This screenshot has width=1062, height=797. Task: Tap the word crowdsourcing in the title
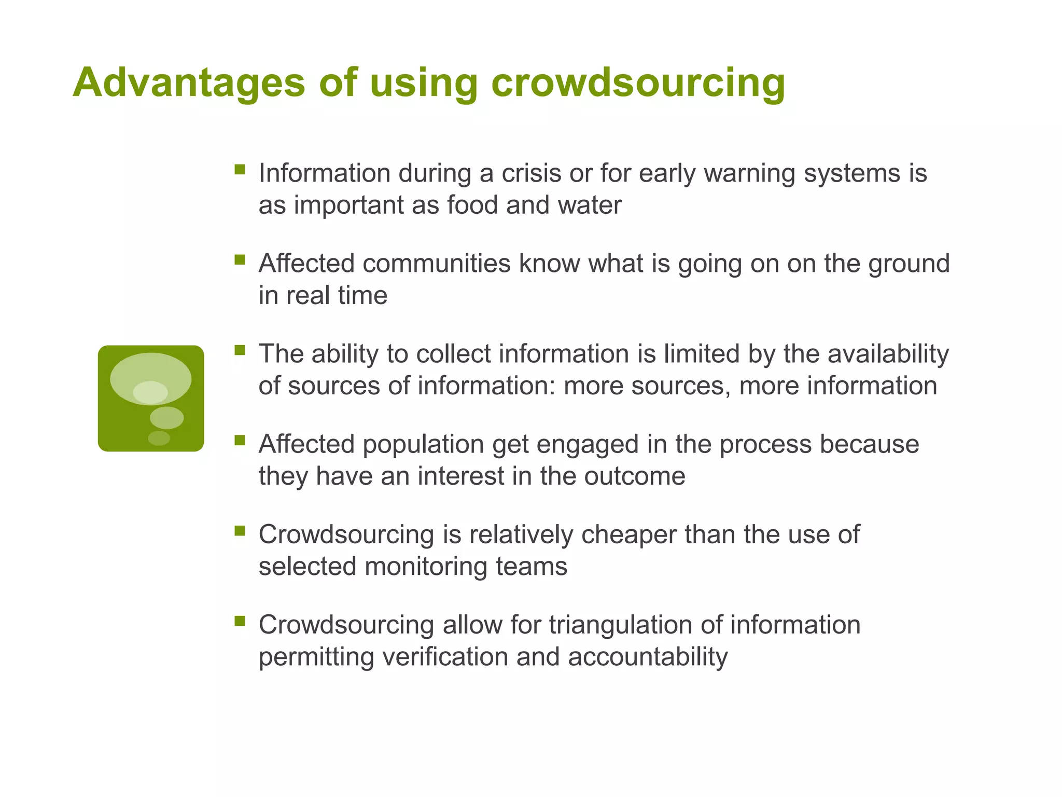[x=638, y=83]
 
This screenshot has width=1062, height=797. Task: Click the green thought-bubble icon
[x=151, y=398]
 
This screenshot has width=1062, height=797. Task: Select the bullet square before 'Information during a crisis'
[x=240, y=169]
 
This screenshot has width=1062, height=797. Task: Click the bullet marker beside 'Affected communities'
[x=240, y=259]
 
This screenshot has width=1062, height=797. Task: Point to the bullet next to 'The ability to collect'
[x=240, y=350]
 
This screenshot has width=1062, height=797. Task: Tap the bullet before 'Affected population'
[x=240, y=440]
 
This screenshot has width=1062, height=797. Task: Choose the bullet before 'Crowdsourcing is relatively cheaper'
[x=240, y=530]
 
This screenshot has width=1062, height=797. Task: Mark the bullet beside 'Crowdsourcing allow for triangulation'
[x=240, y=621]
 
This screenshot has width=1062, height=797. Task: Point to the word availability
[x=888, y=355]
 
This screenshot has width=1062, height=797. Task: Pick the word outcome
[x=635, y=476]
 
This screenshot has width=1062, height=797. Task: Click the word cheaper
[x=628, y=535]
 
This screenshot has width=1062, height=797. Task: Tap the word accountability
[x=648, y=657]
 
